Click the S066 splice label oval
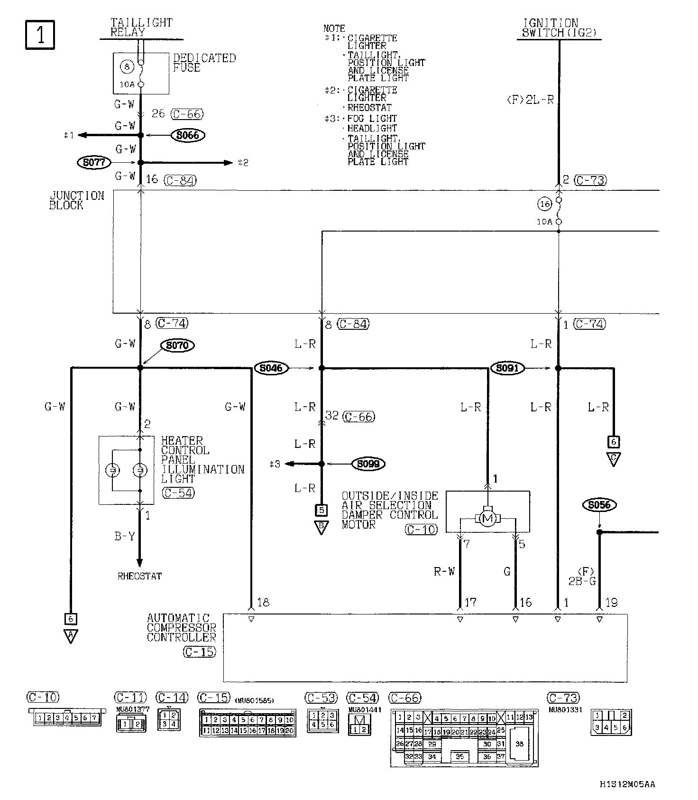188,135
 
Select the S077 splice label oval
93,163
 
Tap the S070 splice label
177,345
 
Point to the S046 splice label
271,368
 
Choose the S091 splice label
507,368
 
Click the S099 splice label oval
368,464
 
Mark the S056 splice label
599,505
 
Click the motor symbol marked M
487,519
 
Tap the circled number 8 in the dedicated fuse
127,67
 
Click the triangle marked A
71,636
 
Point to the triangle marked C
613,459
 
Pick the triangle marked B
321,528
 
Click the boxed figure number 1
40,35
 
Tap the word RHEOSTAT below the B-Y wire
139,577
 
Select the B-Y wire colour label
125,537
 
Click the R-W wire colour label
444,572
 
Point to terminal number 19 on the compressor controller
612,603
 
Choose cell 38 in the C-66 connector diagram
519,744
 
